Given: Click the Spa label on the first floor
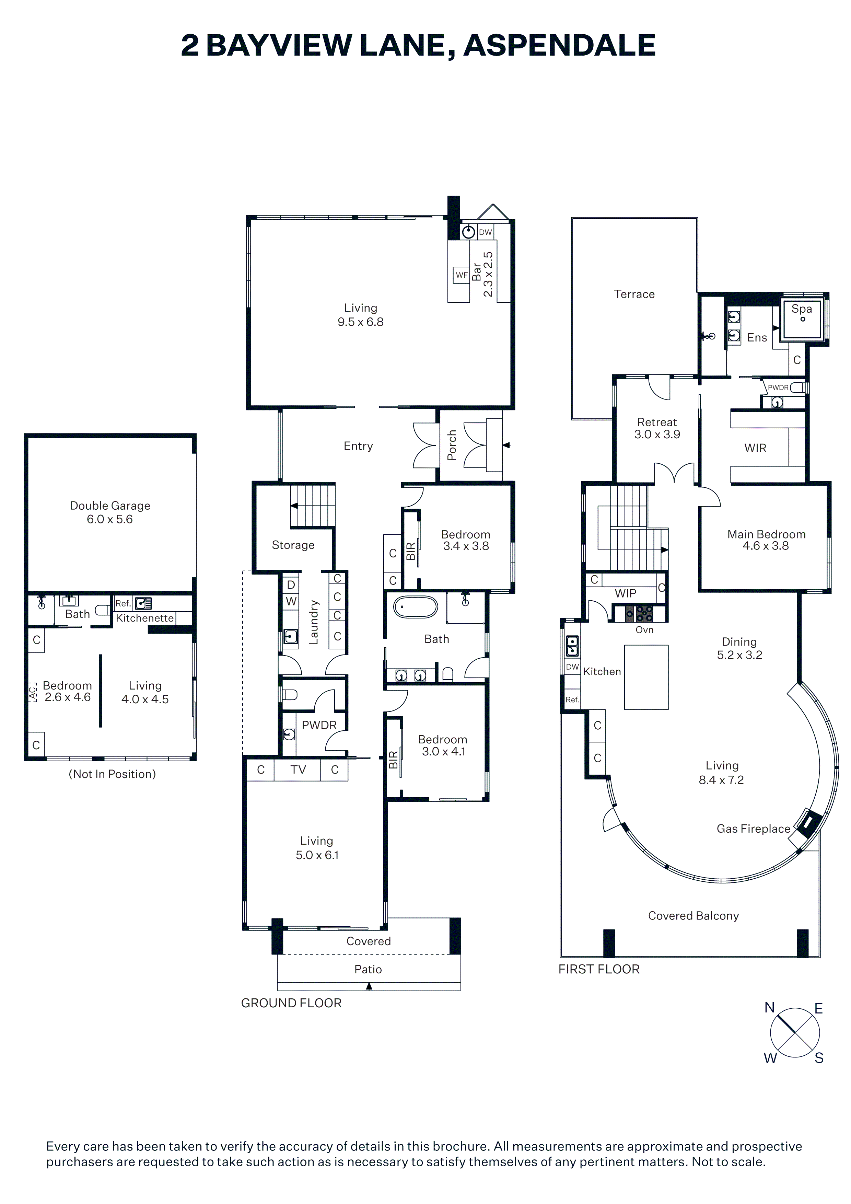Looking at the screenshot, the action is pos(801,309).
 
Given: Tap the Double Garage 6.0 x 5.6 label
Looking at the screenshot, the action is pos(110,512).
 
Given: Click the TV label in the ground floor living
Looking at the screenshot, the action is pos(298,770).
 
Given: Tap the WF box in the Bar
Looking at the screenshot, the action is pos(462,275).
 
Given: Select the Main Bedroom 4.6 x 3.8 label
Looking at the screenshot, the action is pos(766,540).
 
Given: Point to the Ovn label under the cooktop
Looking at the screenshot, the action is pos(644,630).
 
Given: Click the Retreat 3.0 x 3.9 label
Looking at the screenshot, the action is pos(657,428).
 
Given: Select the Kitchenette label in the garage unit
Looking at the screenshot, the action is pos(145,618).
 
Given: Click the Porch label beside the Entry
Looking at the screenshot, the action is pos(452,445).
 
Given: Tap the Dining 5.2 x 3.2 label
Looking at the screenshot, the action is pos(739,648).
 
